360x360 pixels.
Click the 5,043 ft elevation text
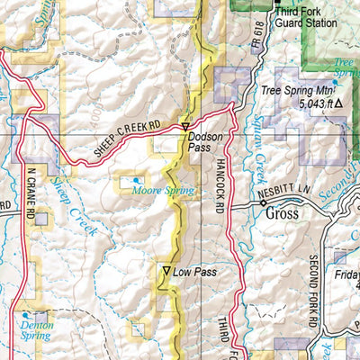pyautogui.click(x=302, y=103)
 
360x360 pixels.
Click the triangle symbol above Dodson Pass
pyautogui.click(x=185, y=127)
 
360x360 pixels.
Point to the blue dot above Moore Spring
pyautogui.click(x=137, y=180)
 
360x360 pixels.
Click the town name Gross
pyautogui.click(x=282, y=216)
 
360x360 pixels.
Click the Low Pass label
pyautogui.click(x=196, y=271)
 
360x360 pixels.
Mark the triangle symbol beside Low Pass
pyautogui.click(x=166, y=270)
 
